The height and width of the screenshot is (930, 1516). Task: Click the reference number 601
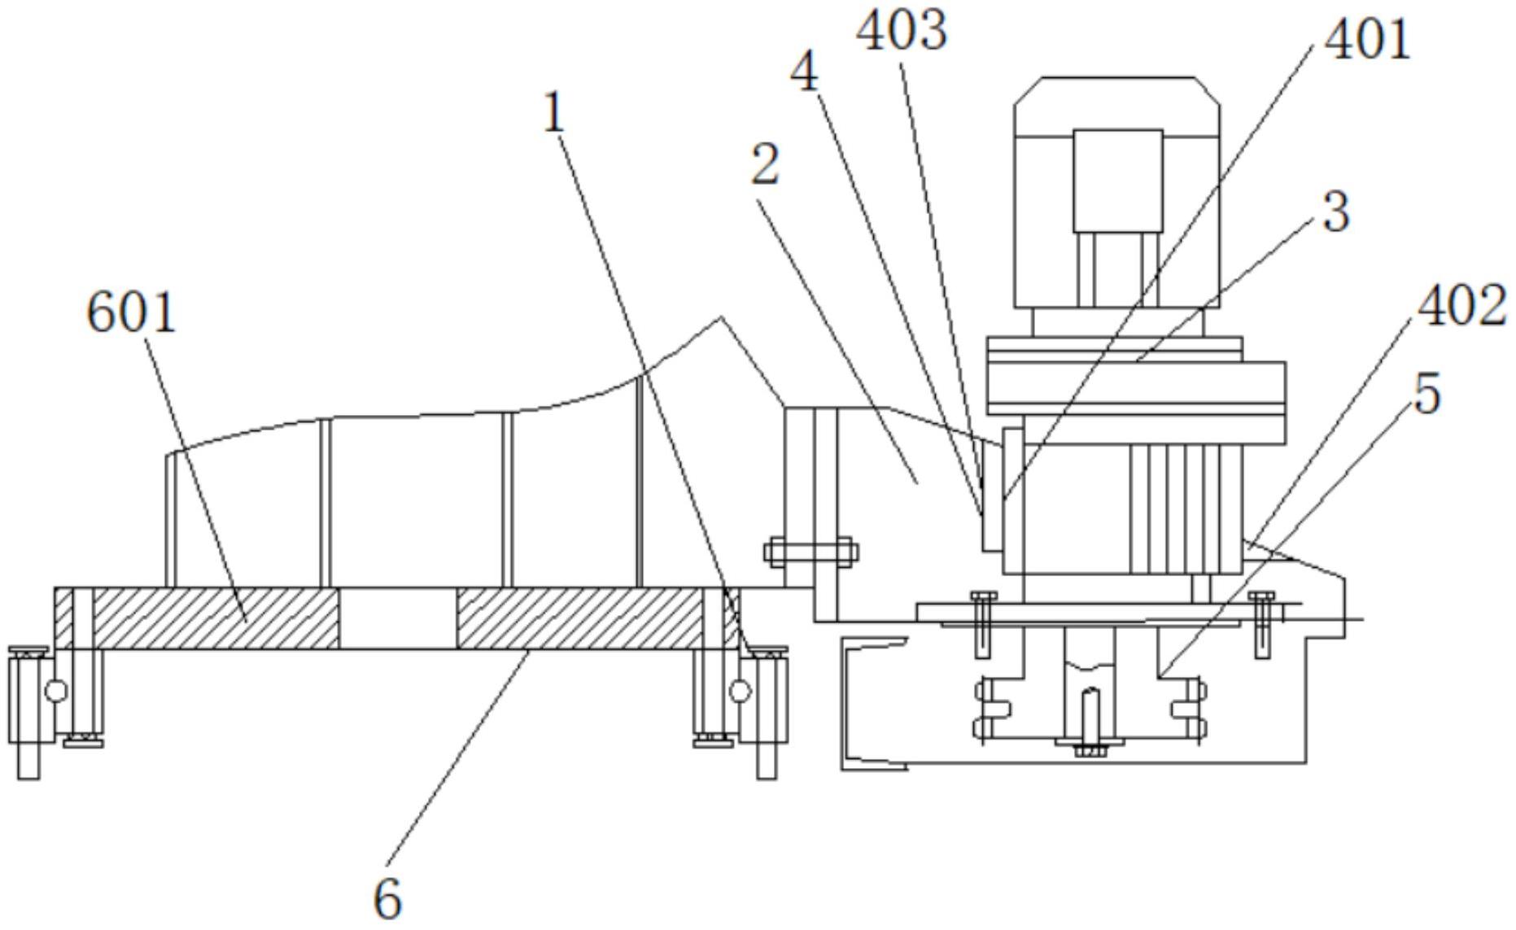point(132,314)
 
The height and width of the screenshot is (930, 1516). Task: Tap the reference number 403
point(902,32)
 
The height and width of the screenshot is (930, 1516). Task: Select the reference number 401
point(1368,40)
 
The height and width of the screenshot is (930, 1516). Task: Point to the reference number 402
point(1461,308)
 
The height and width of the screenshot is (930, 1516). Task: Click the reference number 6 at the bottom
point(388,899)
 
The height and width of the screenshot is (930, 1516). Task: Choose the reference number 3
point(1336,212)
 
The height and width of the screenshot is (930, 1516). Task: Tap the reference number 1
point(554,113)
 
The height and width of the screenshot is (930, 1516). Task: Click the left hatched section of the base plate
point(216,618)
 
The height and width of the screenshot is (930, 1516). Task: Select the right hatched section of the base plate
point(579,618)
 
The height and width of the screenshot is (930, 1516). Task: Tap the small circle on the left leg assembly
point(56,692)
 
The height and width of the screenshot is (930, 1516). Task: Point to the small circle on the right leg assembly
point(740,692)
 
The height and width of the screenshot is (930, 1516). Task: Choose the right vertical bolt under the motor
point(1262,624)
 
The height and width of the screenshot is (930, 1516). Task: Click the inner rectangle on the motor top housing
point(1117,181)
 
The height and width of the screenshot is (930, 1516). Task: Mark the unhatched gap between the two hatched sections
point(398,618)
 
